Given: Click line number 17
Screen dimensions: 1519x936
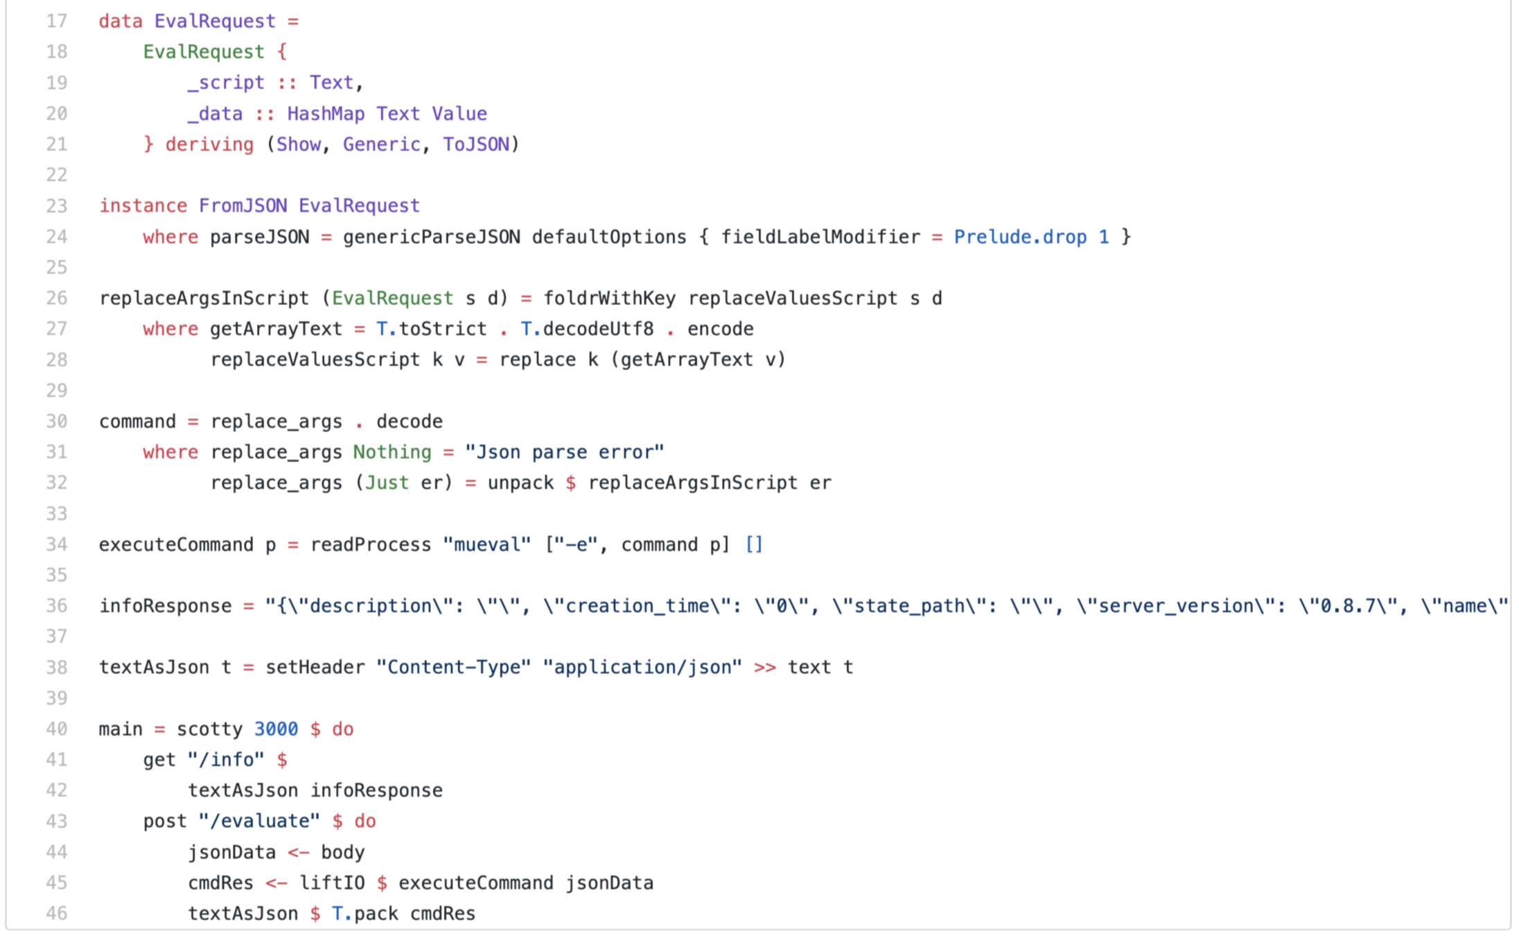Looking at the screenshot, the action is coord(56,21).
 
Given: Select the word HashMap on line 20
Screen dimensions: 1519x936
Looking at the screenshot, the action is coord(326,114).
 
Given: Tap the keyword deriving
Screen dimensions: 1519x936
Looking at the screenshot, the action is coord(209,144).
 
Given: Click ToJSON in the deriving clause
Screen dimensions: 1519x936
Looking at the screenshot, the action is coord(476,144).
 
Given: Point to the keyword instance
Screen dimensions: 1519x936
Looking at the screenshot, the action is coord(143,206).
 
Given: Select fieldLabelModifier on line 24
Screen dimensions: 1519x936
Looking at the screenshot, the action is coord(820,237).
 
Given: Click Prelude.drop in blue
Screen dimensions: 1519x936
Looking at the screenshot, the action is coord(1020,237).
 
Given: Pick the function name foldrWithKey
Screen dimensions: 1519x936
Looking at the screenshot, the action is coord(609,298).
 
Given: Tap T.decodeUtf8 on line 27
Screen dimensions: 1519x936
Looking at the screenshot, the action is coord(587,329).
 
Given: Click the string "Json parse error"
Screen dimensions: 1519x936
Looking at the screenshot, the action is coord(564,452).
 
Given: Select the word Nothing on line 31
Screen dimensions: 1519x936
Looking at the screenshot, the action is coord(392,452).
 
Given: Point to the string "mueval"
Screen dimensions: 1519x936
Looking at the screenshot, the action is coord(486,545).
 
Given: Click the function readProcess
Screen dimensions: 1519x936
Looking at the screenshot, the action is coord(371,545).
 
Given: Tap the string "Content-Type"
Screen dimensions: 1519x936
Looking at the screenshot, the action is coord(453,667).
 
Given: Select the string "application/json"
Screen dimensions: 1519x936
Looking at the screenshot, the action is coord(642,667).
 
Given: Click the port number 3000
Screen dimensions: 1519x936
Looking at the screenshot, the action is coord(276,729).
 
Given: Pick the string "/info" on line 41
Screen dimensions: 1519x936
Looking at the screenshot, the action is coord(226,760).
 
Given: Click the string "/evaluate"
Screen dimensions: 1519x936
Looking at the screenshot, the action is coord(259,822).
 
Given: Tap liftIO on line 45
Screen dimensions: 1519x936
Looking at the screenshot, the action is coord(332,883).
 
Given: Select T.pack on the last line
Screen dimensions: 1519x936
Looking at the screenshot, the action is coord(365,914).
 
